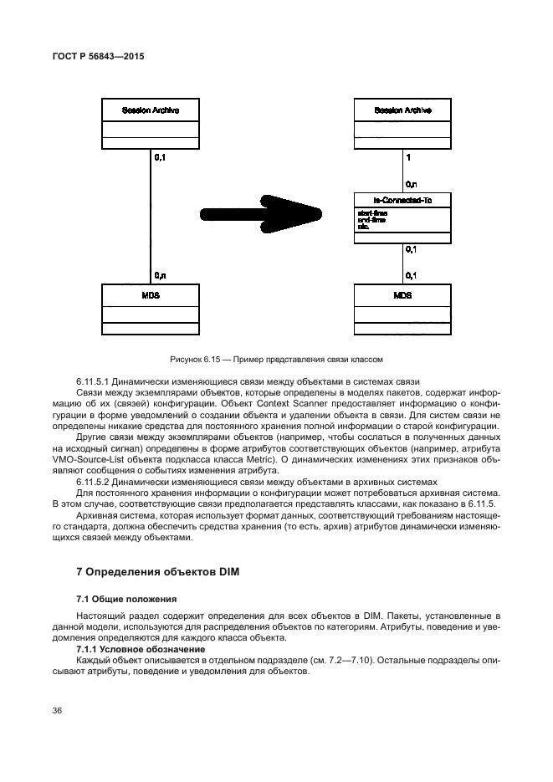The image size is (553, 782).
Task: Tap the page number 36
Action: click(x=58, y=710)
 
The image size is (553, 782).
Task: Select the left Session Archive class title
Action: click(x=151, y=110)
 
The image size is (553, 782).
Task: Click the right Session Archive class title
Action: click(x=402, y=110)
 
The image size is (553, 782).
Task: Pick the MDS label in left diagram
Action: click(x=151, y=296)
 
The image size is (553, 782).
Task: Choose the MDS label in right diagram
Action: click(x=402, y=296)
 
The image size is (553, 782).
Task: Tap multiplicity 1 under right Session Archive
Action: click(x=407, y=156)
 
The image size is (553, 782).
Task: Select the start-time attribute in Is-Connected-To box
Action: click(x=371, y=212)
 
